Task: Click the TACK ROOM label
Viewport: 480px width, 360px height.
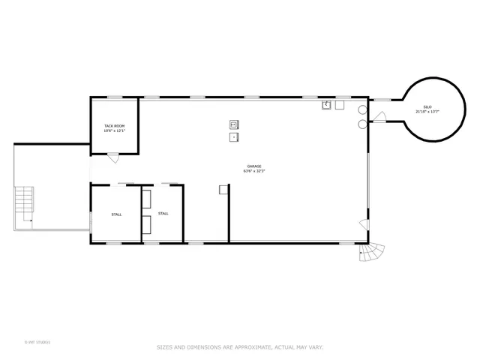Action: pos(114,125)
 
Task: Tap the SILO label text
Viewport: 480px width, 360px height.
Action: pos(427,107)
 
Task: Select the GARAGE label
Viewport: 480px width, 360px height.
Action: pos(254,166)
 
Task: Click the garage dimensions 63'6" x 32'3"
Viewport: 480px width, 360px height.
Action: pos(254,172)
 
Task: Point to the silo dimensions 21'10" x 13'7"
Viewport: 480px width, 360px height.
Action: pos(427,112)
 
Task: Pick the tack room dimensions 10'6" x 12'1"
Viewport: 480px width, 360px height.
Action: pos(114,130)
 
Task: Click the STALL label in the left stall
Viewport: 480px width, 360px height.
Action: pos(116,214)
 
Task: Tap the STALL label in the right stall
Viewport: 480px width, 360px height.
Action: pos(163,214)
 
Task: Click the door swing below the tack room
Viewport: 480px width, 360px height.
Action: pos(112,157)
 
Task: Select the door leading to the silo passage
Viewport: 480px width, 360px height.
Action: pos(379,117)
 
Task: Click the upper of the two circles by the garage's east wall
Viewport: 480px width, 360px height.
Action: pos(362,109)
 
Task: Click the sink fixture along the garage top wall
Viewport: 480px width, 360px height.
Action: pos(327,106)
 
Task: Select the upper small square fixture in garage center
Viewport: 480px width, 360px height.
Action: pos(233,124)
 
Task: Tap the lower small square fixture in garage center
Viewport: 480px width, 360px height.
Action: pos(233,137)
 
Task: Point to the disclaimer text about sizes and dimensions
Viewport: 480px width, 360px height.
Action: pos(239,347)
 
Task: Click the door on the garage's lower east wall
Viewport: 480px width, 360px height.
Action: pos(364,224)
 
